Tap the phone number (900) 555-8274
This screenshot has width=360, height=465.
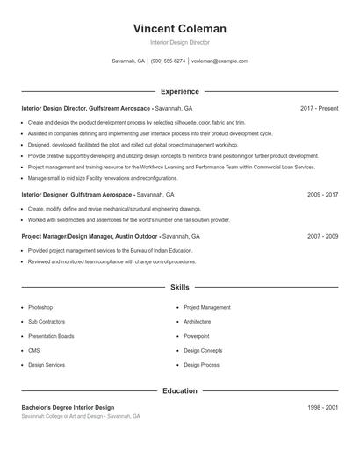[168, 61]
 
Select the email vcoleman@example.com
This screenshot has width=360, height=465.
[220, 61]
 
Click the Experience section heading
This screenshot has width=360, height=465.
[179, 91]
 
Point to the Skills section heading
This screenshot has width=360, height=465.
[179, 287]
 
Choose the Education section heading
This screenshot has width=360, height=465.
[179, 390]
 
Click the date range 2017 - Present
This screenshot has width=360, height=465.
[319, 108]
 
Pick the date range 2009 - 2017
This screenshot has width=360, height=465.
[322, 194]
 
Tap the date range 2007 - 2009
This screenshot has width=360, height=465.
[322, 236]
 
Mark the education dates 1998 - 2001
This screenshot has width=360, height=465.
[322, 408]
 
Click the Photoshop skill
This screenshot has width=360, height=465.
[40, 308]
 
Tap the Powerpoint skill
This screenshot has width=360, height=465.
[197, 336]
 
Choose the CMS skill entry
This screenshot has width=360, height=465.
[34, 350]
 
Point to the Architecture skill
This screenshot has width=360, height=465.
[198, 322]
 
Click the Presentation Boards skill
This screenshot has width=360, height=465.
[51, 336]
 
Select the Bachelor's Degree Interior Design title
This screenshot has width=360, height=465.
[68, 408]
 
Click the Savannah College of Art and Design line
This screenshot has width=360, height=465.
[80, 416]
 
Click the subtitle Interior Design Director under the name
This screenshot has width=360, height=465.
[179, 42]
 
